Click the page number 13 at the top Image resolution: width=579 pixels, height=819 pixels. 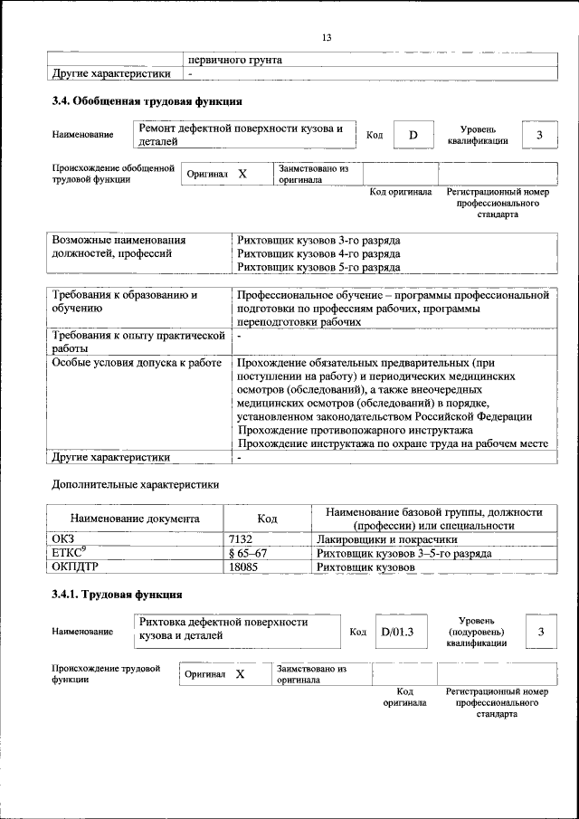(327, 37)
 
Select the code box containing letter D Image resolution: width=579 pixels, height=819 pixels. (413, 136)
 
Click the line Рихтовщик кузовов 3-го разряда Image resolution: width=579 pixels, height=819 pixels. (318, 241)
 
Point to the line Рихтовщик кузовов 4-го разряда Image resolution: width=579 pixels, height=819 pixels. (318, 254)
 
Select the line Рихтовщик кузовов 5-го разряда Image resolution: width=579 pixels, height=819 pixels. (318, 268)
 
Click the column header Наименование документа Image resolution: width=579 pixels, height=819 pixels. (135, 519)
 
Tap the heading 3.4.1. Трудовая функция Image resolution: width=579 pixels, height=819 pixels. (118, 595)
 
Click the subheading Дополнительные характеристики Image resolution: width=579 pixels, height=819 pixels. (135, 484)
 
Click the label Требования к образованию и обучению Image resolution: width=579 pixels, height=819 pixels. (125, 301)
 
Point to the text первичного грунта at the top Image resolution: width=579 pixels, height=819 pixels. (234, 60)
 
